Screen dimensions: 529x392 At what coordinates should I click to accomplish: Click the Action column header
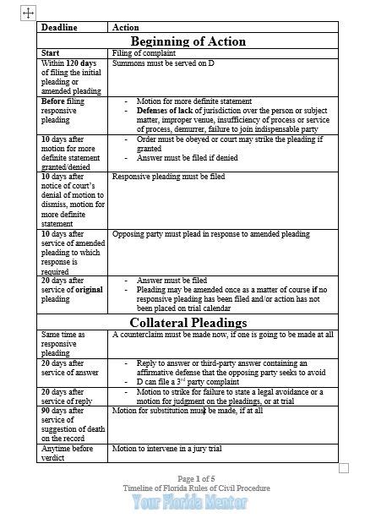click(126, 28)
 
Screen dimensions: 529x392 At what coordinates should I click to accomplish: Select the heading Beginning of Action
click(188, 41)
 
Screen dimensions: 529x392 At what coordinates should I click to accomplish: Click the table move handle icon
click(28, 13)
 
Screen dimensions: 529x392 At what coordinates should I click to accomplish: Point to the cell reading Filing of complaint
click(141, 53)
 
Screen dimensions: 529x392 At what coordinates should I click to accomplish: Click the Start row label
click(50, 53)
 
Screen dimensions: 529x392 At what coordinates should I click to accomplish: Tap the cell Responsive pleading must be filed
click(168, 177)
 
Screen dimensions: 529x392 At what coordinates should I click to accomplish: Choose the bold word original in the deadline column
click(89, 289)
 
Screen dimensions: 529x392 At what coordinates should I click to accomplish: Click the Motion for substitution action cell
click(187, 410)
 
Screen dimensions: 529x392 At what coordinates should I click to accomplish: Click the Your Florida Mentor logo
click(189, 502)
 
